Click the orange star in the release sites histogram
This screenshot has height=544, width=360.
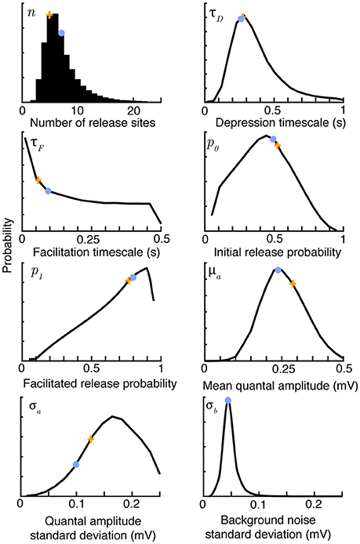tap(49, 15)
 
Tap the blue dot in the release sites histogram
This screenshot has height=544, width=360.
tap(61, 33)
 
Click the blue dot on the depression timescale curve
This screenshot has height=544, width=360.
tap(241, 18)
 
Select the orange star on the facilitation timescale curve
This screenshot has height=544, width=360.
tap(38, 180)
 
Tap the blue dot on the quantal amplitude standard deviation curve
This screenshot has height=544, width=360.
tap(76, 464)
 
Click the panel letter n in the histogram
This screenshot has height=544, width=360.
tap(31, 13)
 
